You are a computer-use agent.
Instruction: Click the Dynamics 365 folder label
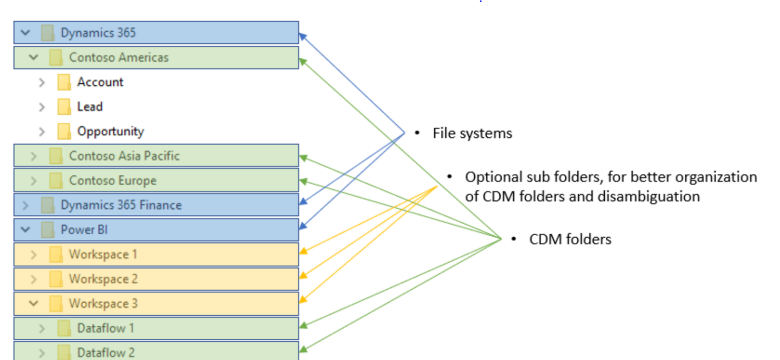pyautogui.click(x=98, y=33)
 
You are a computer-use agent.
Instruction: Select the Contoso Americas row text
pyautogui.click(x=119, y=57)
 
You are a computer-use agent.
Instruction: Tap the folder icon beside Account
pyautogui.click(x=64, y=82)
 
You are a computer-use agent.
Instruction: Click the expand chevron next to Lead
pyautogui.click(x=42, y=107)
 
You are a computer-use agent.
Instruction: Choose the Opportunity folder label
pyautogui.click(x=110, y=131)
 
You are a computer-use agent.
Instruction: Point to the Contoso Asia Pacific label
pyautogui.click(x=124, y=156)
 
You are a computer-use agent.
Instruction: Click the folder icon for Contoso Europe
pyautogui.click(x=56, y=181)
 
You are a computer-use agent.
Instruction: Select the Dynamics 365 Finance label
pyautogui.click(x=121, y=205)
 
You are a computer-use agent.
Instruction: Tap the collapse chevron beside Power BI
pyautogui.click(x=25, y=229)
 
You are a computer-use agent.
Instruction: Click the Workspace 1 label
pyautogui.click(x=103, y=254)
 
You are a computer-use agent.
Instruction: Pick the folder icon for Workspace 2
pyautogui.click(x=56, y=279)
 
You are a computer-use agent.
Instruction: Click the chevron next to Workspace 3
pyautogui.click(x=34, y=303)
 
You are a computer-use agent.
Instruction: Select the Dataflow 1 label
pyautogui.click(x=106, y=328)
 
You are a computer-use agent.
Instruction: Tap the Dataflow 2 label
pyautogui.click(x=106, y=352)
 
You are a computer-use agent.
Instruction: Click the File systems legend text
pyautogui.click(x=472, y=134)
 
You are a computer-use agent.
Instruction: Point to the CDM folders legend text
pyautogui.click(x=570, y=239)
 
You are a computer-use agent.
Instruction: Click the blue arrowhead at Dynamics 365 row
pyautogui.click(x=302, y=36)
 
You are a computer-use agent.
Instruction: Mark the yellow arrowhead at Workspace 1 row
pyautogui.click(x=303, y=252)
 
